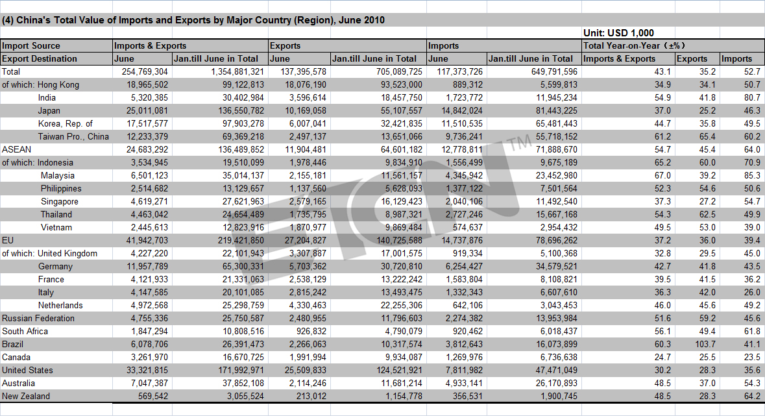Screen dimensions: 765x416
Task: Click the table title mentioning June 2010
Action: [193, 20]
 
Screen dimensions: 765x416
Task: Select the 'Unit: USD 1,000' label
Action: [618, 32]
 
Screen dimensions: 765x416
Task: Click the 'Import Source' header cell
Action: [31, 45]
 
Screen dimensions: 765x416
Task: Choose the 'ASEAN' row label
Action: [17, 149]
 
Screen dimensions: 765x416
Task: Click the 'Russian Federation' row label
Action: [38, 319]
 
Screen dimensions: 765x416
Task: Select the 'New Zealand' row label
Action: [26, 396]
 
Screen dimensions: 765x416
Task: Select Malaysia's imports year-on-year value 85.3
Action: [752, 175]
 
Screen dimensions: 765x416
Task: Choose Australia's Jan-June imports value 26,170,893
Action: [553, 384]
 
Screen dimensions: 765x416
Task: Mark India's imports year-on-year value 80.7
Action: [752, 97]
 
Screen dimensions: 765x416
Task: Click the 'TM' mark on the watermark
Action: [518, 143]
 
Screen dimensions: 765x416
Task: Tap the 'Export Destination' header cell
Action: [40, 58]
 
